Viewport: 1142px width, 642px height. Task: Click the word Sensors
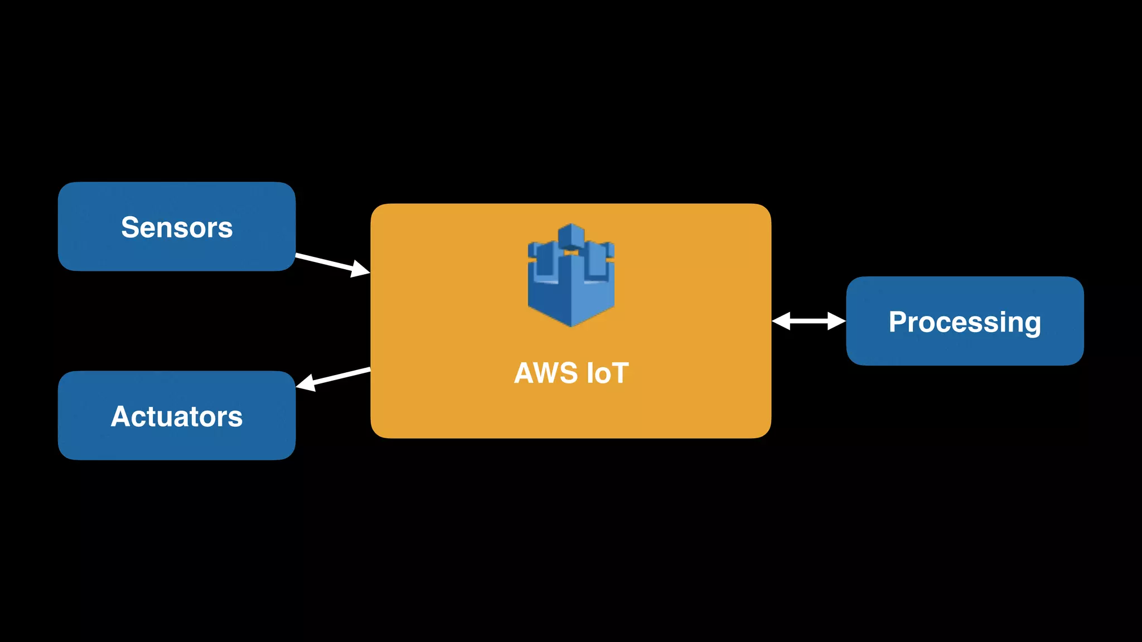(177, 227)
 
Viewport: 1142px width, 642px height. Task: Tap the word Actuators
(177, 416)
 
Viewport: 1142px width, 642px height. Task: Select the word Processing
(965, 322)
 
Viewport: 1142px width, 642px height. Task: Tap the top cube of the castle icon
(571, 235)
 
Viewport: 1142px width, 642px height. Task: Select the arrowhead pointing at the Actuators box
(306, 383)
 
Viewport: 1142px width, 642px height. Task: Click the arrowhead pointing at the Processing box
(836, 321)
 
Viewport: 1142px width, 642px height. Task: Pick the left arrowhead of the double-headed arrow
(781, 321)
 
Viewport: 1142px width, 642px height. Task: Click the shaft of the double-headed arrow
(809, 321)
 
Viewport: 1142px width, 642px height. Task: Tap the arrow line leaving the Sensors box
(323, 261)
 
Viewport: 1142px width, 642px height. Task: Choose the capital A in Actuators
(120, 416)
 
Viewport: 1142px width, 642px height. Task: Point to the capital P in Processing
(898, 322)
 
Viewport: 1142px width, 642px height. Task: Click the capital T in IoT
(619, 373)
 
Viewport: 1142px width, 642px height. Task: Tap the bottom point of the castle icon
(571, 324)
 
